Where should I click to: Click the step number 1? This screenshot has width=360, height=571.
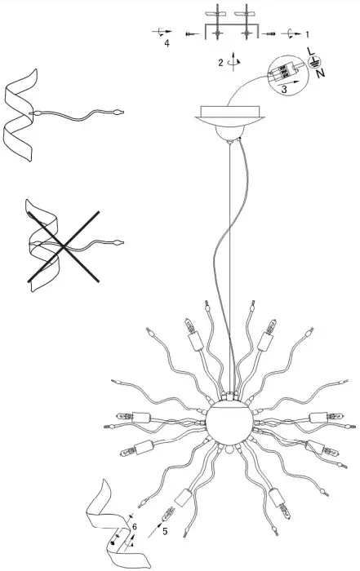pyautogui.click(x=307, y=35)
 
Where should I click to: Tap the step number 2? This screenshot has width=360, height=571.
pyautogui.click(x=220, y=62)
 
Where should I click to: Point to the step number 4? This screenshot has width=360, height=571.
pyautogui.click(x=167, y=44)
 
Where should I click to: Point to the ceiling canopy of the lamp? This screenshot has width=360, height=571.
pyautogui.click(x=229, y=115)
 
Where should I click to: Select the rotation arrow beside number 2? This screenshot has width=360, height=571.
pyautogui.click(x=235, y=61)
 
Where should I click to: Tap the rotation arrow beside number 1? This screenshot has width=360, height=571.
pyautogui.click(x=291, y=35)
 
